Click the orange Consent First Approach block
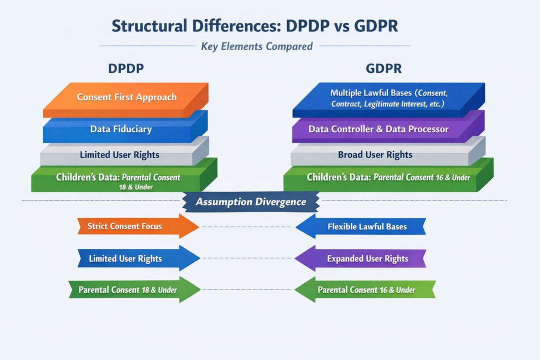126,97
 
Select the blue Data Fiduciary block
121,129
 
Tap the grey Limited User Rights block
120,155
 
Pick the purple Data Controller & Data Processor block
378,129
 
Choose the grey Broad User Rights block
375,154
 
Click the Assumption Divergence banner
250,202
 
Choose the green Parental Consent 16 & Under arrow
365,289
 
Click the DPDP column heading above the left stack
126,69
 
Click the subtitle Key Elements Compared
256,46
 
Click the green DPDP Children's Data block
118,181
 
